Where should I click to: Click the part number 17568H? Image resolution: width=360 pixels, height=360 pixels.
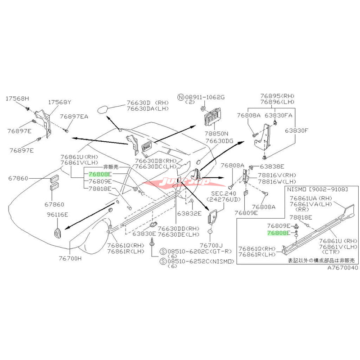click(x=17, y=98)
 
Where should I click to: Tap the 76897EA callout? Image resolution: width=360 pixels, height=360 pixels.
click(x=76, y=117)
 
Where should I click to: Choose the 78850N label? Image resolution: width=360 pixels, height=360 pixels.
click(x=216, y=134)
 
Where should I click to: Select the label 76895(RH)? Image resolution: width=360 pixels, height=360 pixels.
click(x=276, y=96)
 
